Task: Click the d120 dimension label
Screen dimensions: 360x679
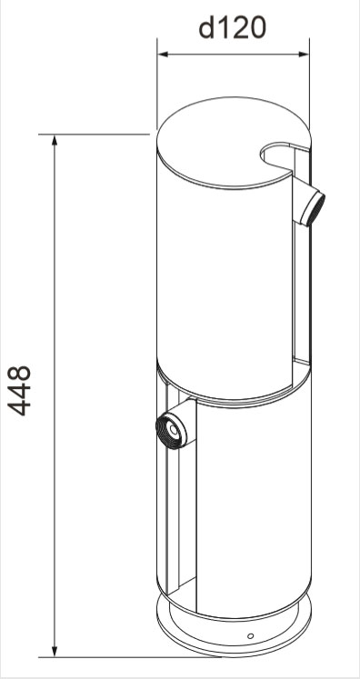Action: click(232, 28)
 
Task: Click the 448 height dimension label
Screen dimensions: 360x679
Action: click(19, 391)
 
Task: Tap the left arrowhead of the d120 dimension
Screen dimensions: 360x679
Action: click(163, 55)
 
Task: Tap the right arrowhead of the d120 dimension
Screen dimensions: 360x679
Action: click(305, 55)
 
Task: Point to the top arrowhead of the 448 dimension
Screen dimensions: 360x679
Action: click(55, 140)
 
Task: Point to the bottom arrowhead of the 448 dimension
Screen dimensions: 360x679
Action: click(55, 651)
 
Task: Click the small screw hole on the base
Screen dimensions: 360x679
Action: click(250, 635)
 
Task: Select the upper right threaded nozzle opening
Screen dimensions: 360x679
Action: click(314, 209)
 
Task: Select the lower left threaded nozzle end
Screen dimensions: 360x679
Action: click(169, 430)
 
